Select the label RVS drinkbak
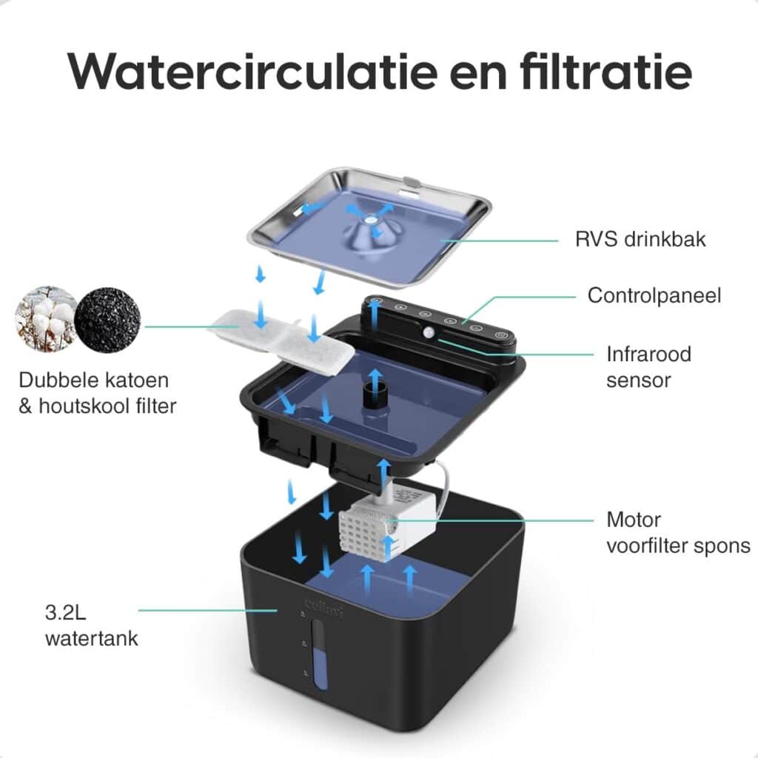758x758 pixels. tap(640, 239)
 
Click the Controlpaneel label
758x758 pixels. tap(654, 296)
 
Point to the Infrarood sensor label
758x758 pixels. tap(648, 367)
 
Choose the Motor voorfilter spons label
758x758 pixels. tap(678, 533)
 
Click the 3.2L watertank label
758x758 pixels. tap(91, 625)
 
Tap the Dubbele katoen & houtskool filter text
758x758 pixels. tap(97, 393)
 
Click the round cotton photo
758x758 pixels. tap(46, 318)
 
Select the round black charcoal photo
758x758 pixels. tap(108, 319)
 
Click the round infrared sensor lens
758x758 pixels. tap(429, 332)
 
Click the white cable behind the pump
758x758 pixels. tap(443, 489)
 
